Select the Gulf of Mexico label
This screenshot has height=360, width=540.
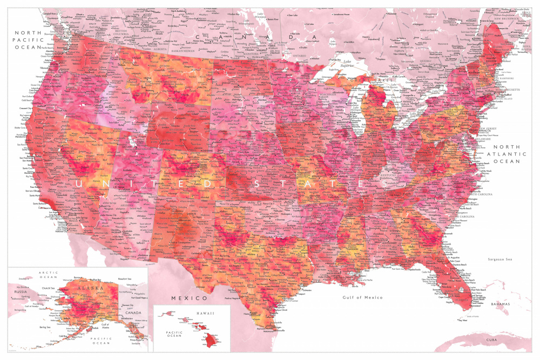point(362,297)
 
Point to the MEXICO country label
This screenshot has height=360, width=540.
point(189,298)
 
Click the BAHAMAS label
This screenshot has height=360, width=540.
point(500,304)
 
